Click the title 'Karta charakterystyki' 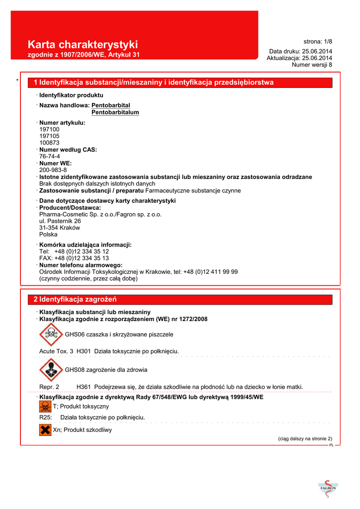pos(83,45)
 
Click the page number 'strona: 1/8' pos(318,41)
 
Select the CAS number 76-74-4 pos(50,156)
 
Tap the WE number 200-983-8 pos(53,170)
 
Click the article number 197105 pos(49,136)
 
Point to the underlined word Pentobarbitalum pos(115,113)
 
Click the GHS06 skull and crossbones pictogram pos(51,334)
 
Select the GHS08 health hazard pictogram pos(51,370)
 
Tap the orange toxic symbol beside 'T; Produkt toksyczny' pos(45,407)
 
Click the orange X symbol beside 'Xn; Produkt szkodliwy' pos(45,429)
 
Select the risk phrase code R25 pos(46,417)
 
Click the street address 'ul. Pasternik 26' pos(60,221)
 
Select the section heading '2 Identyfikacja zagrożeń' pos(75,299)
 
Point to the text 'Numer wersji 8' pos(312,65)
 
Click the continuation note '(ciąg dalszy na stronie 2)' pos(305,438)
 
